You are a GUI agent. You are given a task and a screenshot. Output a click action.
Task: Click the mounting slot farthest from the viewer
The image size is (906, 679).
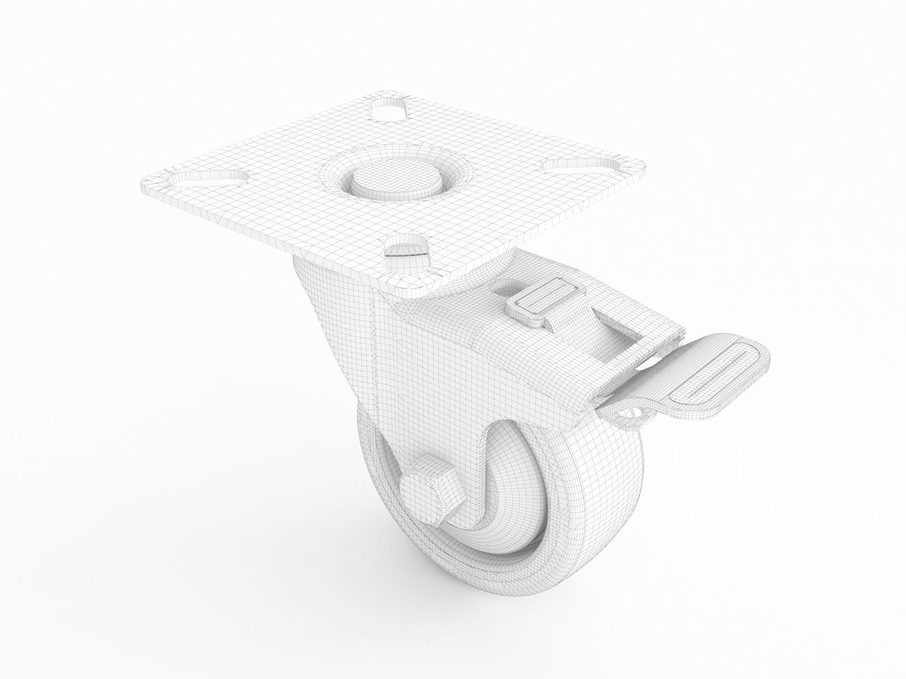pos(390,111)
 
